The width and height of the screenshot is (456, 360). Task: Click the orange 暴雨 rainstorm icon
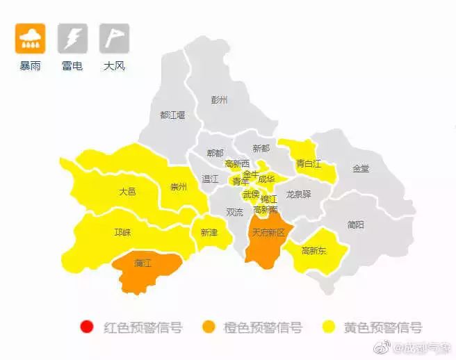(30, 39)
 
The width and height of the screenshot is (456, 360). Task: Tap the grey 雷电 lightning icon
(72, 39)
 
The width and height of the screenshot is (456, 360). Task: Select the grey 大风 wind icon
(114, 39)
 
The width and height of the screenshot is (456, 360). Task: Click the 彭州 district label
(219, 100)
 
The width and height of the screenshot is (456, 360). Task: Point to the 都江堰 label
(172, 115)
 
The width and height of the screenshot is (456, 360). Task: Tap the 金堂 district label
(361, 168)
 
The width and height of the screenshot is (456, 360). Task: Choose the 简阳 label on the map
(355, 224)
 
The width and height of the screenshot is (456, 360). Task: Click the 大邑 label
(127, 191)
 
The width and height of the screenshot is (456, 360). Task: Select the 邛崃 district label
(122, 232)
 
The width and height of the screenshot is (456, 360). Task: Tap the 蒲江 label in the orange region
(143, 263)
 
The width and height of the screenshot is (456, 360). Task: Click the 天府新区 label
(268, 232)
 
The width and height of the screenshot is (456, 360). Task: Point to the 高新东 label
(314, 250)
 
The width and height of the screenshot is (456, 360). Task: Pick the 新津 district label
(209, 232)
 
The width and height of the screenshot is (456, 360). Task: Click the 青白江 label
(309, 164)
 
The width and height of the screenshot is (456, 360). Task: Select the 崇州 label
(179, 186)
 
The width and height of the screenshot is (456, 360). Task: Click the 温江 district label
(210, 179)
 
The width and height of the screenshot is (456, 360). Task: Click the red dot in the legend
(87, 327)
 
